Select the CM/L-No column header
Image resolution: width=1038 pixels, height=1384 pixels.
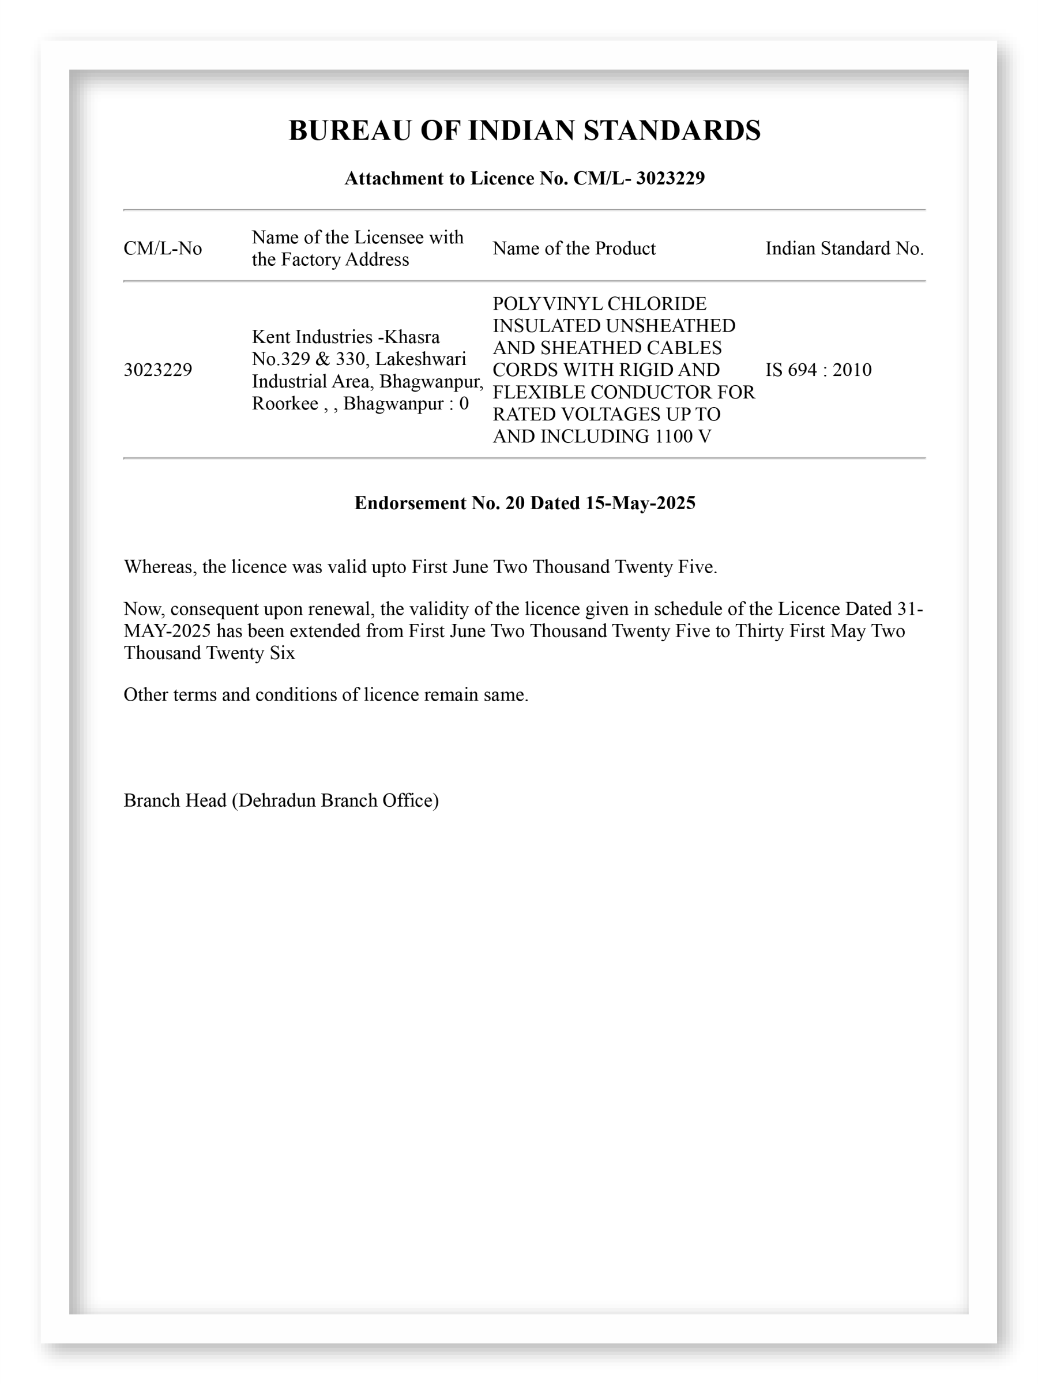click(x=163, y=249)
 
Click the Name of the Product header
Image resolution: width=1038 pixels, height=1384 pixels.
click(x=574, y=249)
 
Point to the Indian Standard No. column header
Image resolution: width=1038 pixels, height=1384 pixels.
click(x=844, y=249)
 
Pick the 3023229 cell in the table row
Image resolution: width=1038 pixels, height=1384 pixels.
click(x=157, y=370)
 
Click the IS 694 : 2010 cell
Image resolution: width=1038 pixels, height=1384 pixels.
click(x=818, y=370)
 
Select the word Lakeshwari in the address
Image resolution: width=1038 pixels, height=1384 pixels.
click(x=420, y=359)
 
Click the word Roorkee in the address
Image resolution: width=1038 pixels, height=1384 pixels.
click(x=285, y=404)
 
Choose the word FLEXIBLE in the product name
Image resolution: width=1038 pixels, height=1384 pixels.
click(x=538, y=392)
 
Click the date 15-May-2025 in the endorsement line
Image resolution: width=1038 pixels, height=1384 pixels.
click(x=640, y=503)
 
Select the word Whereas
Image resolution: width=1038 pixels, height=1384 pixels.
click(x=160, y=567)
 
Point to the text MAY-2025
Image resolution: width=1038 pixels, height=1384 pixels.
click(x=167, y=631)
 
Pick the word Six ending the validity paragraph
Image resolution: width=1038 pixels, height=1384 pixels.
click(x=282, y=653)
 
